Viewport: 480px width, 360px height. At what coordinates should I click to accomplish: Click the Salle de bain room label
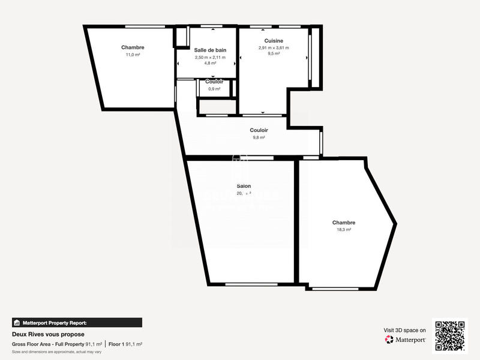click(210, 50)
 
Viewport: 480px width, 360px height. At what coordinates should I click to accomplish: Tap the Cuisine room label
click(274, 41)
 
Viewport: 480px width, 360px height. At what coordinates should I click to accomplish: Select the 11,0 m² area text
click(133, 55)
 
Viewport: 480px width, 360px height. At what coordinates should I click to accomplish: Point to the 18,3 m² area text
click(344, 229)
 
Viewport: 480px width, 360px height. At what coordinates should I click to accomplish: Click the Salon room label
click(244, 186)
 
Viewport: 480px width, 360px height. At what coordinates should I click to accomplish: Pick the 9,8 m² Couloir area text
click(259, 137)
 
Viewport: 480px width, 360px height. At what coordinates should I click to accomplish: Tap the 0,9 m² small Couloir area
click(214, 89)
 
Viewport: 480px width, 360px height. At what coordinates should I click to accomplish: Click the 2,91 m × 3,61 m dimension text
click(274, 48)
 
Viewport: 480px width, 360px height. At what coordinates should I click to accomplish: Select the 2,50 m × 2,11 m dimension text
click(210, 58)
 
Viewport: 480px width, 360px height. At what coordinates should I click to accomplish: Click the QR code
click(450, 336)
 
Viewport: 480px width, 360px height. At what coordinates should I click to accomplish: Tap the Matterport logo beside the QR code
click(406, 340)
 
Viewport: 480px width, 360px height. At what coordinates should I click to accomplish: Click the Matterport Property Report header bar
click(77, 322)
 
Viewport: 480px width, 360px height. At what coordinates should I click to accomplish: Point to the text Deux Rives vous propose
click(48, 334)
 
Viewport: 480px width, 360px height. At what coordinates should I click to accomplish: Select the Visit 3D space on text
click(404, 330)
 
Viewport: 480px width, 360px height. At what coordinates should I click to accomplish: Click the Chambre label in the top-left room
click(133, 47)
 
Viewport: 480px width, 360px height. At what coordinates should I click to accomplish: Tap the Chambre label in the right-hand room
click(344, 222)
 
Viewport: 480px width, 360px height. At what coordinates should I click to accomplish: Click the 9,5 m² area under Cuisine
click(274, 53)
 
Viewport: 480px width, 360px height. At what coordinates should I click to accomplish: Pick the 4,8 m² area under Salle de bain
click(210, 63)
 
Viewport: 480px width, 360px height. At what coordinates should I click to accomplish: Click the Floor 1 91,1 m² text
click(125, 344)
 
